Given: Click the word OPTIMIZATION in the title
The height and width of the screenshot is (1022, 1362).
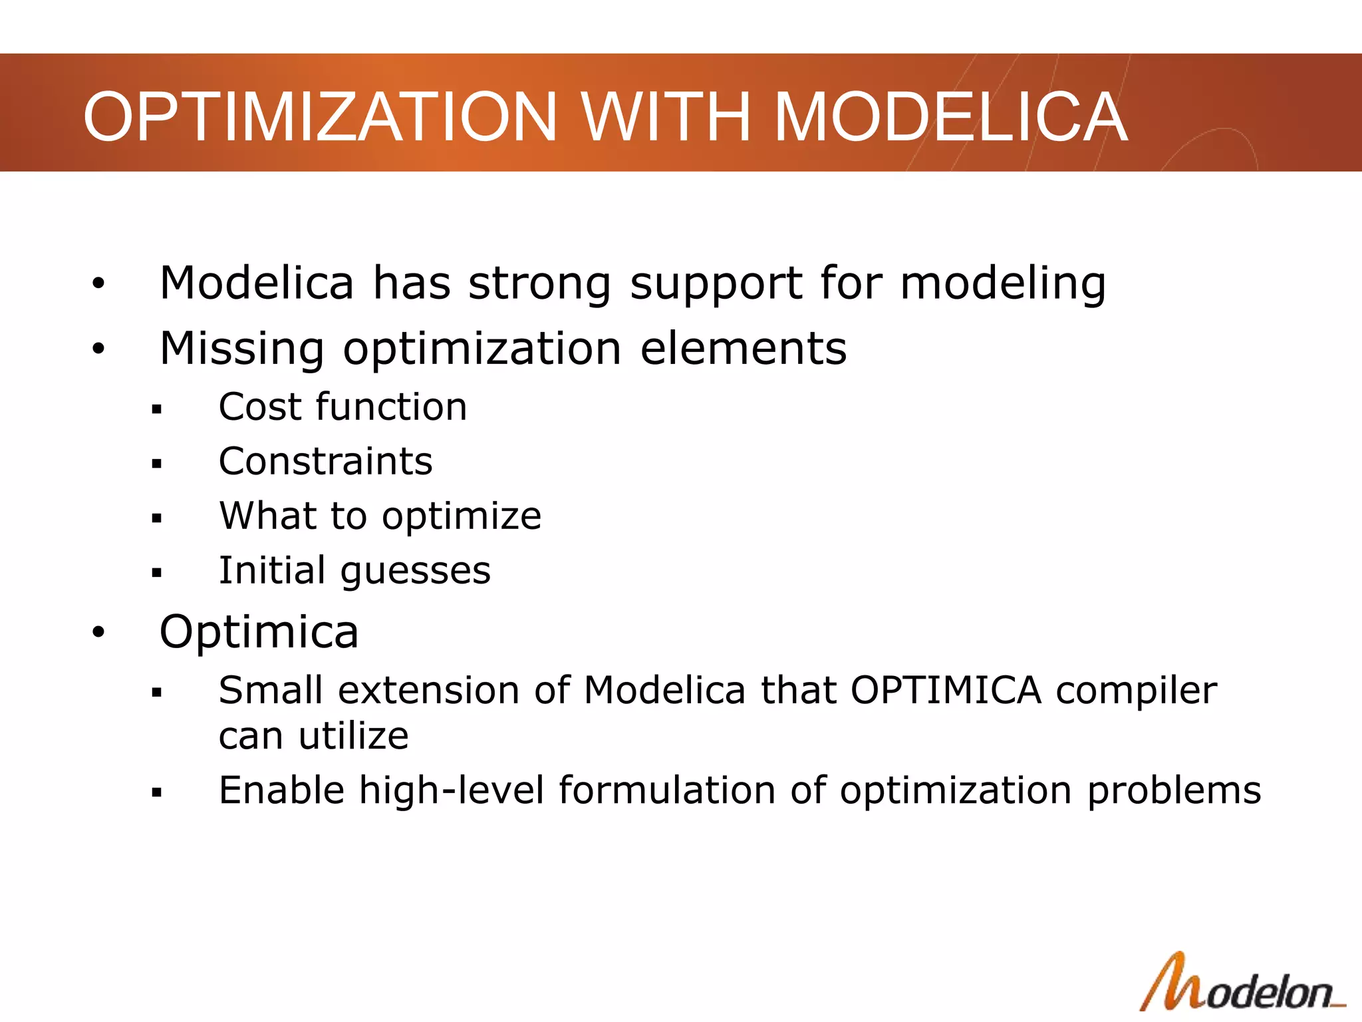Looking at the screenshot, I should (x=319, y=117).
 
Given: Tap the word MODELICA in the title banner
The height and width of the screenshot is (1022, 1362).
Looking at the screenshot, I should (x=951, y=117).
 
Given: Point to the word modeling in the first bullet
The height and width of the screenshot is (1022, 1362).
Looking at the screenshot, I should (x=1003, y=285).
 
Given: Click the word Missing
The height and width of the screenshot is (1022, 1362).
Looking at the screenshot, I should (x=242, y=350).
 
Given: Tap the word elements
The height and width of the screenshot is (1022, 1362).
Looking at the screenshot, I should (x=744, y=349).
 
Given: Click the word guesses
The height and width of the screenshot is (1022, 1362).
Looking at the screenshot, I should (x=416, y=572).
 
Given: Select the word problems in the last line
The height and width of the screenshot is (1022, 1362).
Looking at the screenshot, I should (x=1174, y=792).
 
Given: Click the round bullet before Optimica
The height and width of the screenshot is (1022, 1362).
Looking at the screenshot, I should (x=98, y=632).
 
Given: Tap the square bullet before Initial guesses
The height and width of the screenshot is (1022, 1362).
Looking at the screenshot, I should (x=157, y=572).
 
